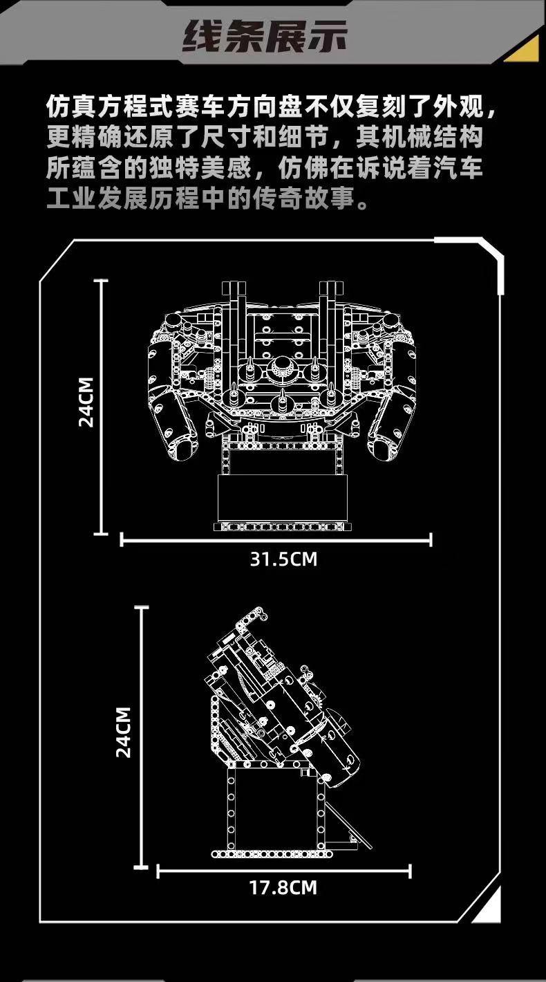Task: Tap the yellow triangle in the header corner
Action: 526,50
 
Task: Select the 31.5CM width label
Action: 283,559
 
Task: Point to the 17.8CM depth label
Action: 283,887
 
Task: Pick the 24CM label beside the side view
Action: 124,732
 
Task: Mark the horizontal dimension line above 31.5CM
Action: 276,539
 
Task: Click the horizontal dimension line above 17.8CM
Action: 284,869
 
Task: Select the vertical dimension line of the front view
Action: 102,407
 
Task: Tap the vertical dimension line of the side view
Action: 142,736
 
